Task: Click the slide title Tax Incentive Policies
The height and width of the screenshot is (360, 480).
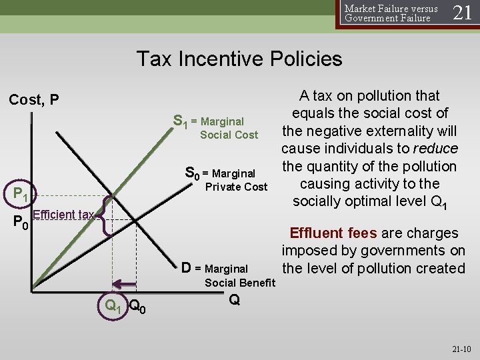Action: coord(239,59)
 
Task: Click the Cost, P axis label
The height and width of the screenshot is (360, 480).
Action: coord(34,100)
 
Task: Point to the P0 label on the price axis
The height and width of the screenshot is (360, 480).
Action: coord(21,221)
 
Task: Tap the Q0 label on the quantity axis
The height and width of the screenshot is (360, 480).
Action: coord(138,306)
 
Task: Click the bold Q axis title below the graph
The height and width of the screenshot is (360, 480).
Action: coord(234,301)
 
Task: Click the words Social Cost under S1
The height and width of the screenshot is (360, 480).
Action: coord(229,135)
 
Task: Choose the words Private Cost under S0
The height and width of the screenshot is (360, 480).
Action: coord(236,187)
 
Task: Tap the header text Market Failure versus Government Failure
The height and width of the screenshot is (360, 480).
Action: coord(391,13)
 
